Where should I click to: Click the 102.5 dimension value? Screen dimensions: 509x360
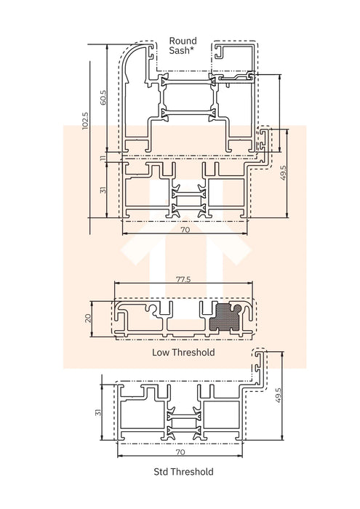tap(85, 120)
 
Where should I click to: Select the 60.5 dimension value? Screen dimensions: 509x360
tap(103, 97)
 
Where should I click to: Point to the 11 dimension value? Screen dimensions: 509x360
tap(103, 156)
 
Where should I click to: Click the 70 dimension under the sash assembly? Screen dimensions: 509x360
tap(185, 230)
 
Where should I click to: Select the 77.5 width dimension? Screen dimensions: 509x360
tap(183, 279)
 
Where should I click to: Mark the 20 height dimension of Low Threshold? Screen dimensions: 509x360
tap(89, 317)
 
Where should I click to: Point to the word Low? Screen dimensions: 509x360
tap(161, 353)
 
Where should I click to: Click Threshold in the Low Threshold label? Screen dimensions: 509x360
tap(195, 353)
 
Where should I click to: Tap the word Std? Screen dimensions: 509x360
tap(161, 472)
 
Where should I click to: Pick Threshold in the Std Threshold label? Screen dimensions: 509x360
tap(193, 472)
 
